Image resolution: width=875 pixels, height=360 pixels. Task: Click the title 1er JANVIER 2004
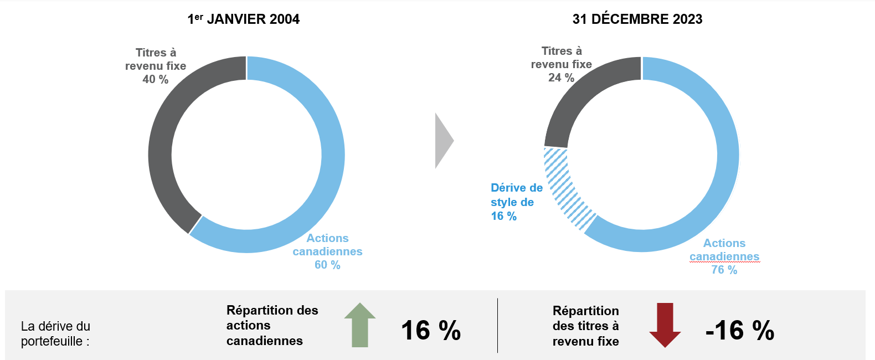244,19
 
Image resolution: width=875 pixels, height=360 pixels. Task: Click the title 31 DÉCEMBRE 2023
637,19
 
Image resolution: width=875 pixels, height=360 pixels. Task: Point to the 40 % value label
156,79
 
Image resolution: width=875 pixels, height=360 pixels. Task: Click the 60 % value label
327,265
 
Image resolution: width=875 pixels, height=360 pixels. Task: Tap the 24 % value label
561,78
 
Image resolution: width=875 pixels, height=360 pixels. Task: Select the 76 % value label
724,270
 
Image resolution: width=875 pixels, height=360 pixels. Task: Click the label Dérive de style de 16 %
516,202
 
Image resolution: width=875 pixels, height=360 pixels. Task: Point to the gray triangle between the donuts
442,141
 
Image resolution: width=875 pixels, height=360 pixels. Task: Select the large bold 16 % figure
430,331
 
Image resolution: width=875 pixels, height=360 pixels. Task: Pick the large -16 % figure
739,331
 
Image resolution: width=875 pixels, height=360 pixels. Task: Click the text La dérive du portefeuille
55,333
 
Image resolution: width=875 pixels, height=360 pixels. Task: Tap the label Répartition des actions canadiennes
272,326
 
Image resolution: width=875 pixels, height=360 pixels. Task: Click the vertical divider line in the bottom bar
497,326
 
